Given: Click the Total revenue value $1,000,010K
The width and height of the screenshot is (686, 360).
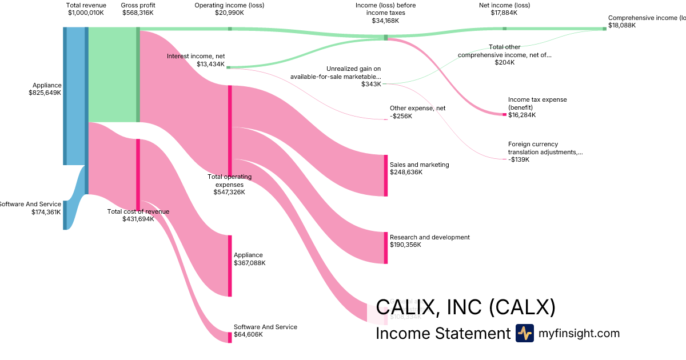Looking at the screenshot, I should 86,13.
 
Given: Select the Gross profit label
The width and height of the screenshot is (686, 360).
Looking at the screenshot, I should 137,5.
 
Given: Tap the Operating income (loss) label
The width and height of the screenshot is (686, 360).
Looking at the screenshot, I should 229,5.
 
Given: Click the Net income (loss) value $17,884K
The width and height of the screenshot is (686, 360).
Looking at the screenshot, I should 504,13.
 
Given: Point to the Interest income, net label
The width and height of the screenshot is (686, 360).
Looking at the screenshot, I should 196,56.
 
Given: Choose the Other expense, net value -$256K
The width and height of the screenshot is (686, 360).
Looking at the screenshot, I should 401,116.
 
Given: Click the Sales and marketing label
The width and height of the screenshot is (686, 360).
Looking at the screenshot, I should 419,165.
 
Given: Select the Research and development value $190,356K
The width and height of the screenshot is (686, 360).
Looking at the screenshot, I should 405,245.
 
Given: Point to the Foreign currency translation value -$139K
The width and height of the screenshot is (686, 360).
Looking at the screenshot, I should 519,159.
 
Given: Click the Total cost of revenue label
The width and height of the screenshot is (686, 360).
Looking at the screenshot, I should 138,211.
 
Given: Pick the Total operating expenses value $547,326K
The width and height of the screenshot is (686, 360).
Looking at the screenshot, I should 229,192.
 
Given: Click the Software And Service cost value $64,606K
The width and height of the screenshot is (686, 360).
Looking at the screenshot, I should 248,334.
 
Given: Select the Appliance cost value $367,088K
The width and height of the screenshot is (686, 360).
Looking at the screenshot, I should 249,263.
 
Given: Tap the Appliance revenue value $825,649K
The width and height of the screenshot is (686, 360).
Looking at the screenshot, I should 45,93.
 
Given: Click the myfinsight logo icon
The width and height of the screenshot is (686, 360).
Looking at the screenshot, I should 524,333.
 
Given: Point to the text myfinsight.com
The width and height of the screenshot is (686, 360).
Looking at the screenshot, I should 579,333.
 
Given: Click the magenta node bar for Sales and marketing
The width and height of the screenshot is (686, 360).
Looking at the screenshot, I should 386,175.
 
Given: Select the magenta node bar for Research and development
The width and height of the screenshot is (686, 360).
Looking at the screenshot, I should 386,247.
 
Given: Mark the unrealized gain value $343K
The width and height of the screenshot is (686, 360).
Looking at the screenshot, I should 371,84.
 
